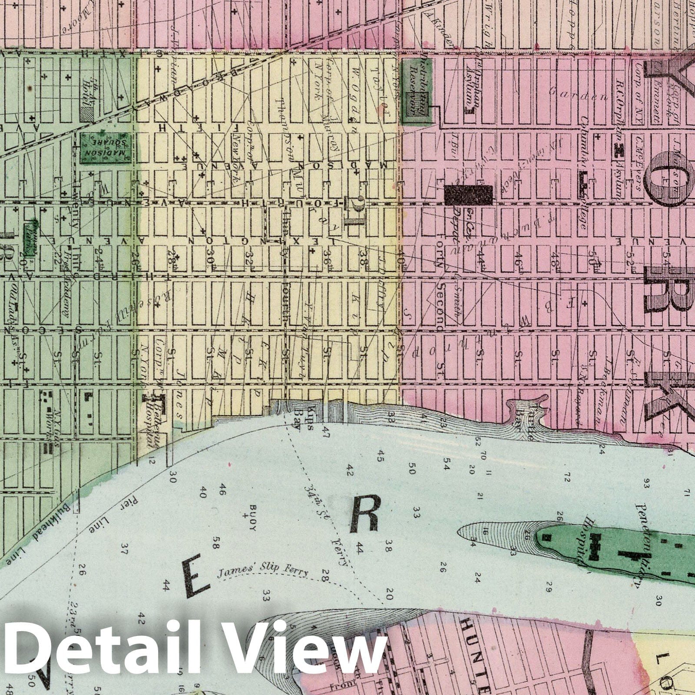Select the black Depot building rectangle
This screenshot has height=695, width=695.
(469, 195)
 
